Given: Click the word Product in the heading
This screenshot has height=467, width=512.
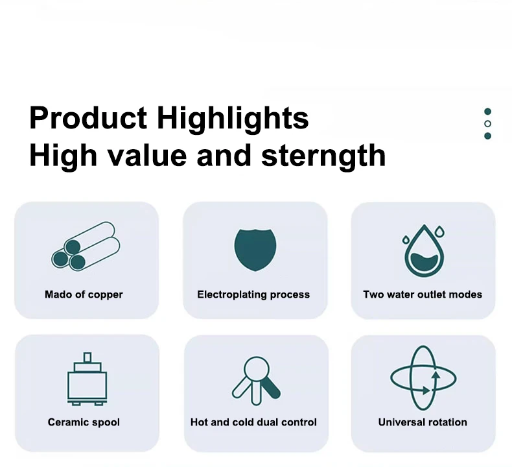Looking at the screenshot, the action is click(x=88, y=117).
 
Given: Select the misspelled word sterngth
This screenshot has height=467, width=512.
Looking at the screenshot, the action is click(x=323, y=155).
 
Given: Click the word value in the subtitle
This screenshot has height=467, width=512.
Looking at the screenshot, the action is click(x=147, y=155).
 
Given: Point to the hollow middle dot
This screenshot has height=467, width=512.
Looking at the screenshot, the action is click(x=487, y=123).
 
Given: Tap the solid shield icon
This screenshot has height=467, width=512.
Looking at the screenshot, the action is click(x=255, y=250).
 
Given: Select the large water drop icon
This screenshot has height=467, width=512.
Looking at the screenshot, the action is click(x=424, y=250).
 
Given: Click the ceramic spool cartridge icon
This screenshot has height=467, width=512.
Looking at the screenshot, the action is click(x=87, y=379).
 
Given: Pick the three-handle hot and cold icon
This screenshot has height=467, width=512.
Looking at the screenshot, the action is click(x=257, y=381).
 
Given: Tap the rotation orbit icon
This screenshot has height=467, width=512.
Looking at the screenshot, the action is click(x=423, y=377).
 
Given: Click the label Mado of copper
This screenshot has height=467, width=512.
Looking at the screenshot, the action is click(x=84, y=294).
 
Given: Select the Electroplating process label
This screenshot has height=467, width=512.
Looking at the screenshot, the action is click(x=253, y=294).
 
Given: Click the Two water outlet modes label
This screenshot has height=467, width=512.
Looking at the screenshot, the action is click(x=423, y=294).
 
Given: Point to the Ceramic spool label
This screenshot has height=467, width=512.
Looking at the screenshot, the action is click(x=84, y=422).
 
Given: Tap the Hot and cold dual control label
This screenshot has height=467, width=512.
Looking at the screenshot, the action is click(x=253, y=422).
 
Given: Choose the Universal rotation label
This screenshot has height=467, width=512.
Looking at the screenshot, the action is click(x=423, y=422).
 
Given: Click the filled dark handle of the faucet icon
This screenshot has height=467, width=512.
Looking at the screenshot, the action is click(x=271, y=389).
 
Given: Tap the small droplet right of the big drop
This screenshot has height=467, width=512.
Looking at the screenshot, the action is click(x=440, y=231).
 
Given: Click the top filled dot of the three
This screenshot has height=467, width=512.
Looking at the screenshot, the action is click(x=487, y=112).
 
